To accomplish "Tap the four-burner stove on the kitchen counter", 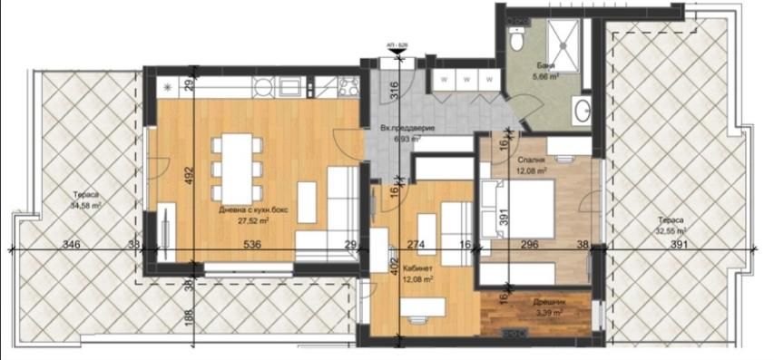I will (x=348, y=87).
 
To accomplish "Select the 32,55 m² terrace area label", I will (x=671, y=231).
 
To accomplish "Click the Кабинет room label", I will (x=418, y=269).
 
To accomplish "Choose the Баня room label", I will (x=545, y=68).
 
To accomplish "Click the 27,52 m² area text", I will (x=238, y=219).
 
